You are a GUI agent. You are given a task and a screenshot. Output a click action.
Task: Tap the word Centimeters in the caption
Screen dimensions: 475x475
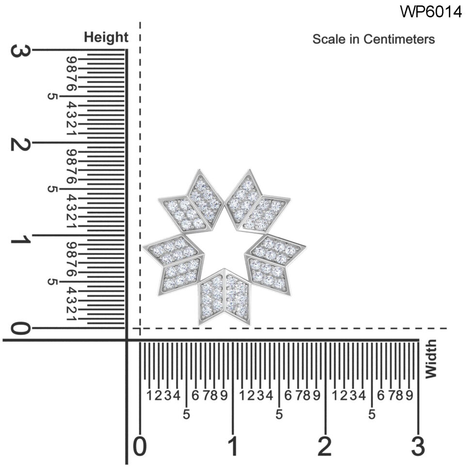[x=399, y=39]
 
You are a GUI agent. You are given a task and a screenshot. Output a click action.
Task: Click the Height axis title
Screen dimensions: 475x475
[x=106, y=37]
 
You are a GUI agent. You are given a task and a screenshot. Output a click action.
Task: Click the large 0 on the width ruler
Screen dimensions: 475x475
[x=140, y=446]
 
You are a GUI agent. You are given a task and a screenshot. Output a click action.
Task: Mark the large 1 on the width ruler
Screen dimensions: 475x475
[x=233, y=446]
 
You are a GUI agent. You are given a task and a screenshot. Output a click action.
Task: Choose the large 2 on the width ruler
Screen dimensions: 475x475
[x=325, y=446]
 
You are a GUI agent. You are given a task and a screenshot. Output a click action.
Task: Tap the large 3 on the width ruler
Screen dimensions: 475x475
[x=418, y=446]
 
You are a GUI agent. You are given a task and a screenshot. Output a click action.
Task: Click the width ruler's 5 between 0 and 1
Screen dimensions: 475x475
[x=187, y=415]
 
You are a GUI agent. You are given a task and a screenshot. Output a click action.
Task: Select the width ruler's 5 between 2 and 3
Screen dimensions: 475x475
[x=372, y=415]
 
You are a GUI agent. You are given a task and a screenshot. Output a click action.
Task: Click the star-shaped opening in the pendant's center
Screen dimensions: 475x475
[x=225, y=250]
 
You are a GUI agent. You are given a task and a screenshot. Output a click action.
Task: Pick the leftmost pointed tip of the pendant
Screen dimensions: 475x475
[x=144, y=246]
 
